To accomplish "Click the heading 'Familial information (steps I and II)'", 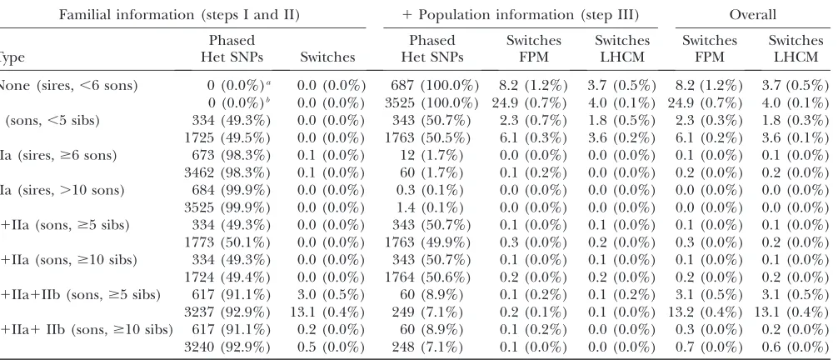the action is [x=179, y=15].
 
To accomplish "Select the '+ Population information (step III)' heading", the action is [x=521, y=15].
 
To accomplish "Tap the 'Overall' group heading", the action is [x=752, y=15].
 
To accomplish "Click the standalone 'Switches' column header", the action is [x=327, y=57].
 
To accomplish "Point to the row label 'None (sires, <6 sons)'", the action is [x=68, y=86].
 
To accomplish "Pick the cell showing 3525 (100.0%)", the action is [x=431, y=102].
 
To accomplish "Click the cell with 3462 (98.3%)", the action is [x=227, y=172].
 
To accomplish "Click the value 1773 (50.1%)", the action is [x=227, y=242].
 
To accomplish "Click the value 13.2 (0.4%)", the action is [x=706, y=312].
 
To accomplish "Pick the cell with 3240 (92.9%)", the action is [x=227, y=347].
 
